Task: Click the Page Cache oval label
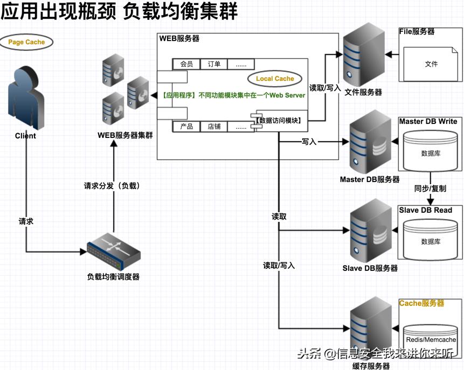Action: tap(27, 41)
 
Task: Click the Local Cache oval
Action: tap(275, 79)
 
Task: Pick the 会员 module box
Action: tap(186, 64)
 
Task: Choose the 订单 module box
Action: tap(214, 64)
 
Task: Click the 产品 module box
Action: tap(186, 127)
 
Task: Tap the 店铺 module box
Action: tap(214, 127)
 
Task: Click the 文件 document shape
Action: tap(431, 63)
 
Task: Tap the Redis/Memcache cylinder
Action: tap(431, 340)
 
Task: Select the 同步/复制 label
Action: tap(430, 189)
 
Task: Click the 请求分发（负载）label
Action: tap(112, 186)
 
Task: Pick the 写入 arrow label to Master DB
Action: tap(309, 142)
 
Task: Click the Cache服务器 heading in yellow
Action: tap(421, 303)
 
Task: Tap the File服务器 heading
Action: tap(417, 32)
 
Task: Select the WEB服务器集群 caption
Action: tap(125, 135)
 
